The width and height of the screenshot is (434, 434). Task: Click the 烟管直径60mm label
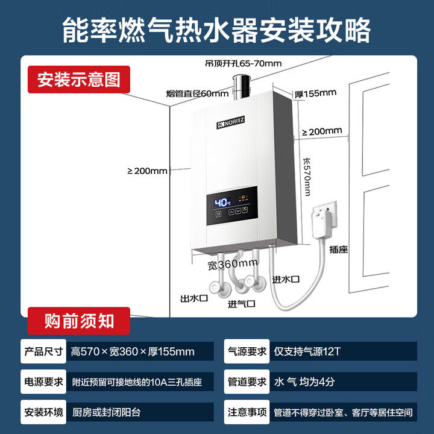coord(197,93)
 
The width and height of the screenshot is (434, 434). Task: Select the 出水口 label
coord(193,298)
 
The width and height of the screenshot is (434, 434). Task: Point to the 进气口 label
coord(241,304)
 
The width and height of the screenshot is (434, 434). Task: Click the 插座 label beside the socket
coord(338,248)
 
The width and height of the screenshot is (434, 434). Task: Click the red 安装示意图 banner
coord(79,79)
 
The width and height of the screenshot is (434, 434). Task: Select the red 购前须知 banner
coord(79,321)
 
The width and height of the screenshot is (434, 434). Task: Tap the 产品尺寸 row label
coord(43,351)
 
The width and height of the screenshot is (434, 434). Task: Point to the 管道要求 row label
coord(246,382)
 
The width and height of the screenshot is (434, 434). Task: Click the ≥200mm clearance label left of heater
coord(147,171)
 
